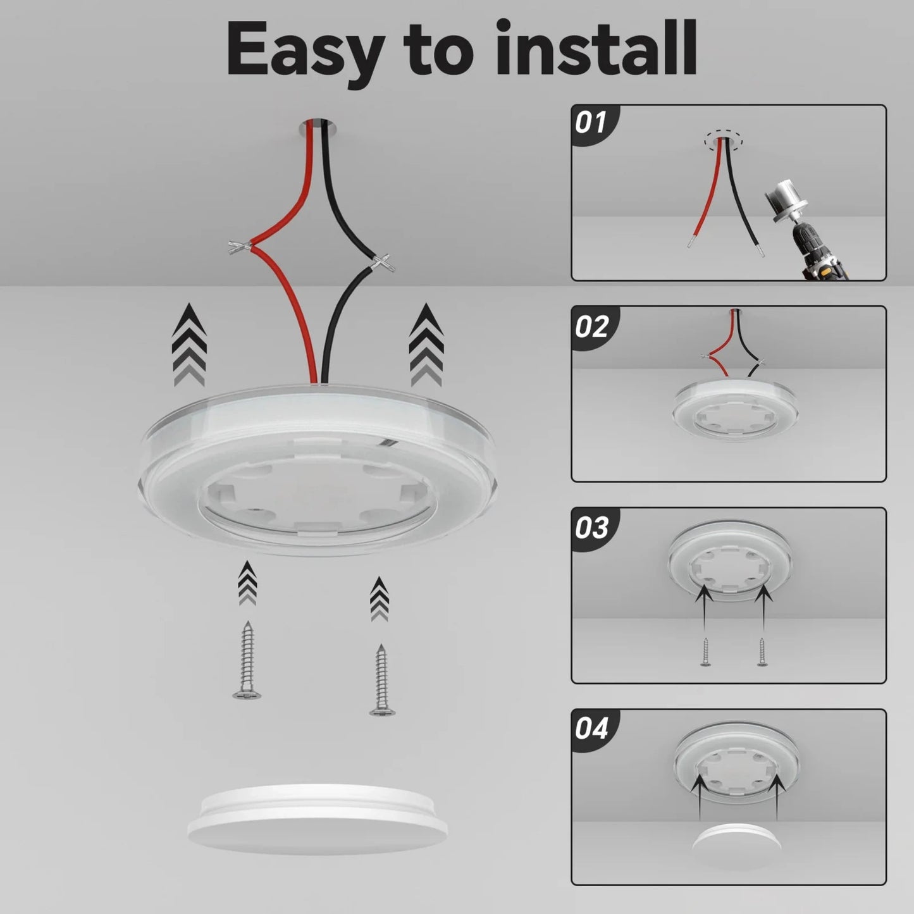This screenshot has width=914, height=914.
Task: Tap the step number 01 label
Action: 591,123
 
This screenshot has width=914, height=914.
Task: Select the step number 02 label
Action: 591,326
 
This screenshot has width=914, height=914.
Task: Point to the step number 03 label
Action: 591,528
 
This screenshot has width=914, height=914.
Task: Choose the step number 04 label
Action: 591,729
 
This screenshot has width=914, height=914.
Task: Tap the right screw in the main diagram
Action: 381,681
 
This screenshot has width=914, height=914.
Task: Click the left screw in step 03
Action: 705,652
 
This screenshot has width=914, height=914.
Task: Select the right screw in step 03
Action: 762,652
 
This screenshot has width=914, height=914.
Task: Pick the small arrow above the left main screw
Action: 247,583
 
